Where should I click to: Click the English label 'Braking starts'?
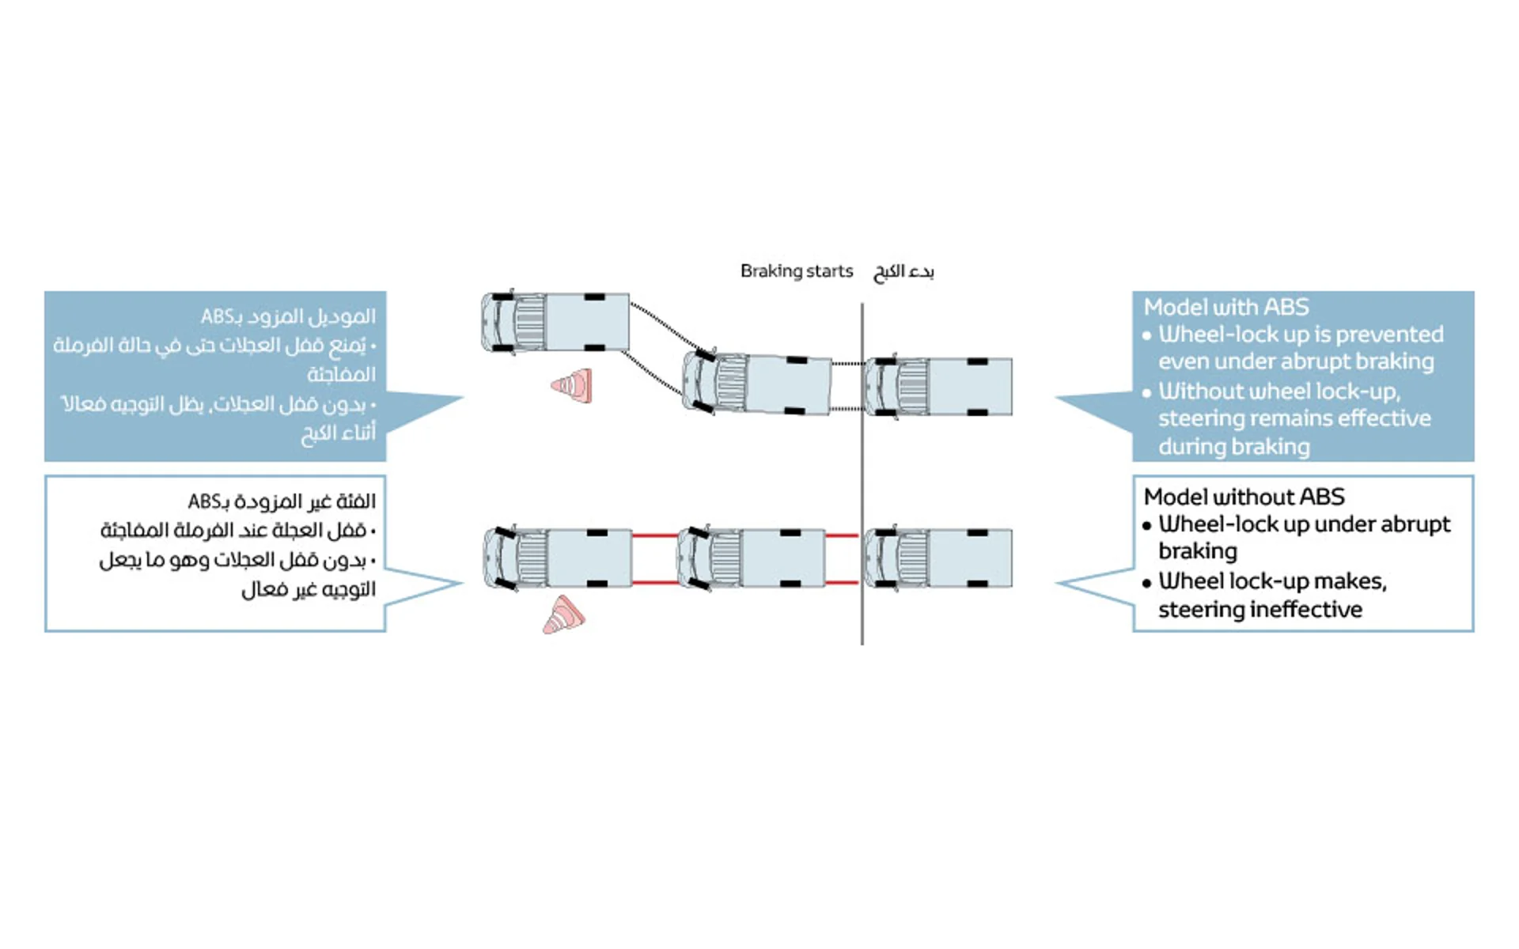click(x=796, y=271)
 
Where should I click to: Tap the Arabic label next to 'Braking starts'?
click(x=903, y=272)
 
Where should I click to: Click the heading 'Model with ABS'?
click(x=1225, y=307)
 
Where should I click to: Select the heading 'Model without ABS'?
click(x=1244, y=497)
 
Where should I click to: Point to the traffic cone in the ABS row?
click(x=573, y=386)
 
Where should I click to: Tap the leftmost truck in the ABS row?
click(x=555, y=322)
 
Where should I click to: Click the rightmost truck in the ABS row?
click(x=938, y=386)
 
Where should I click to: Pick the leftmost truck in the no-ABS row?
click(x=558, y=558)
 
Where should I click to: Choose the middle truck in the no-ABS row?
click(x=751, y=558)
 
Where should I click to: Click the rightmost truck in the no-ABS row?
click(x=938, y=558)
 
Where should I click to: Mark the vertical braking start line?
click(x=862, y=475)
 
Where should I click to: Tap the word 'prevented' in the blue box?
click(x=1388, y=335)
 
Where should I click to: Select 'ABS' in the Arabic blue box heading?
click(x=215, y=317)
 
